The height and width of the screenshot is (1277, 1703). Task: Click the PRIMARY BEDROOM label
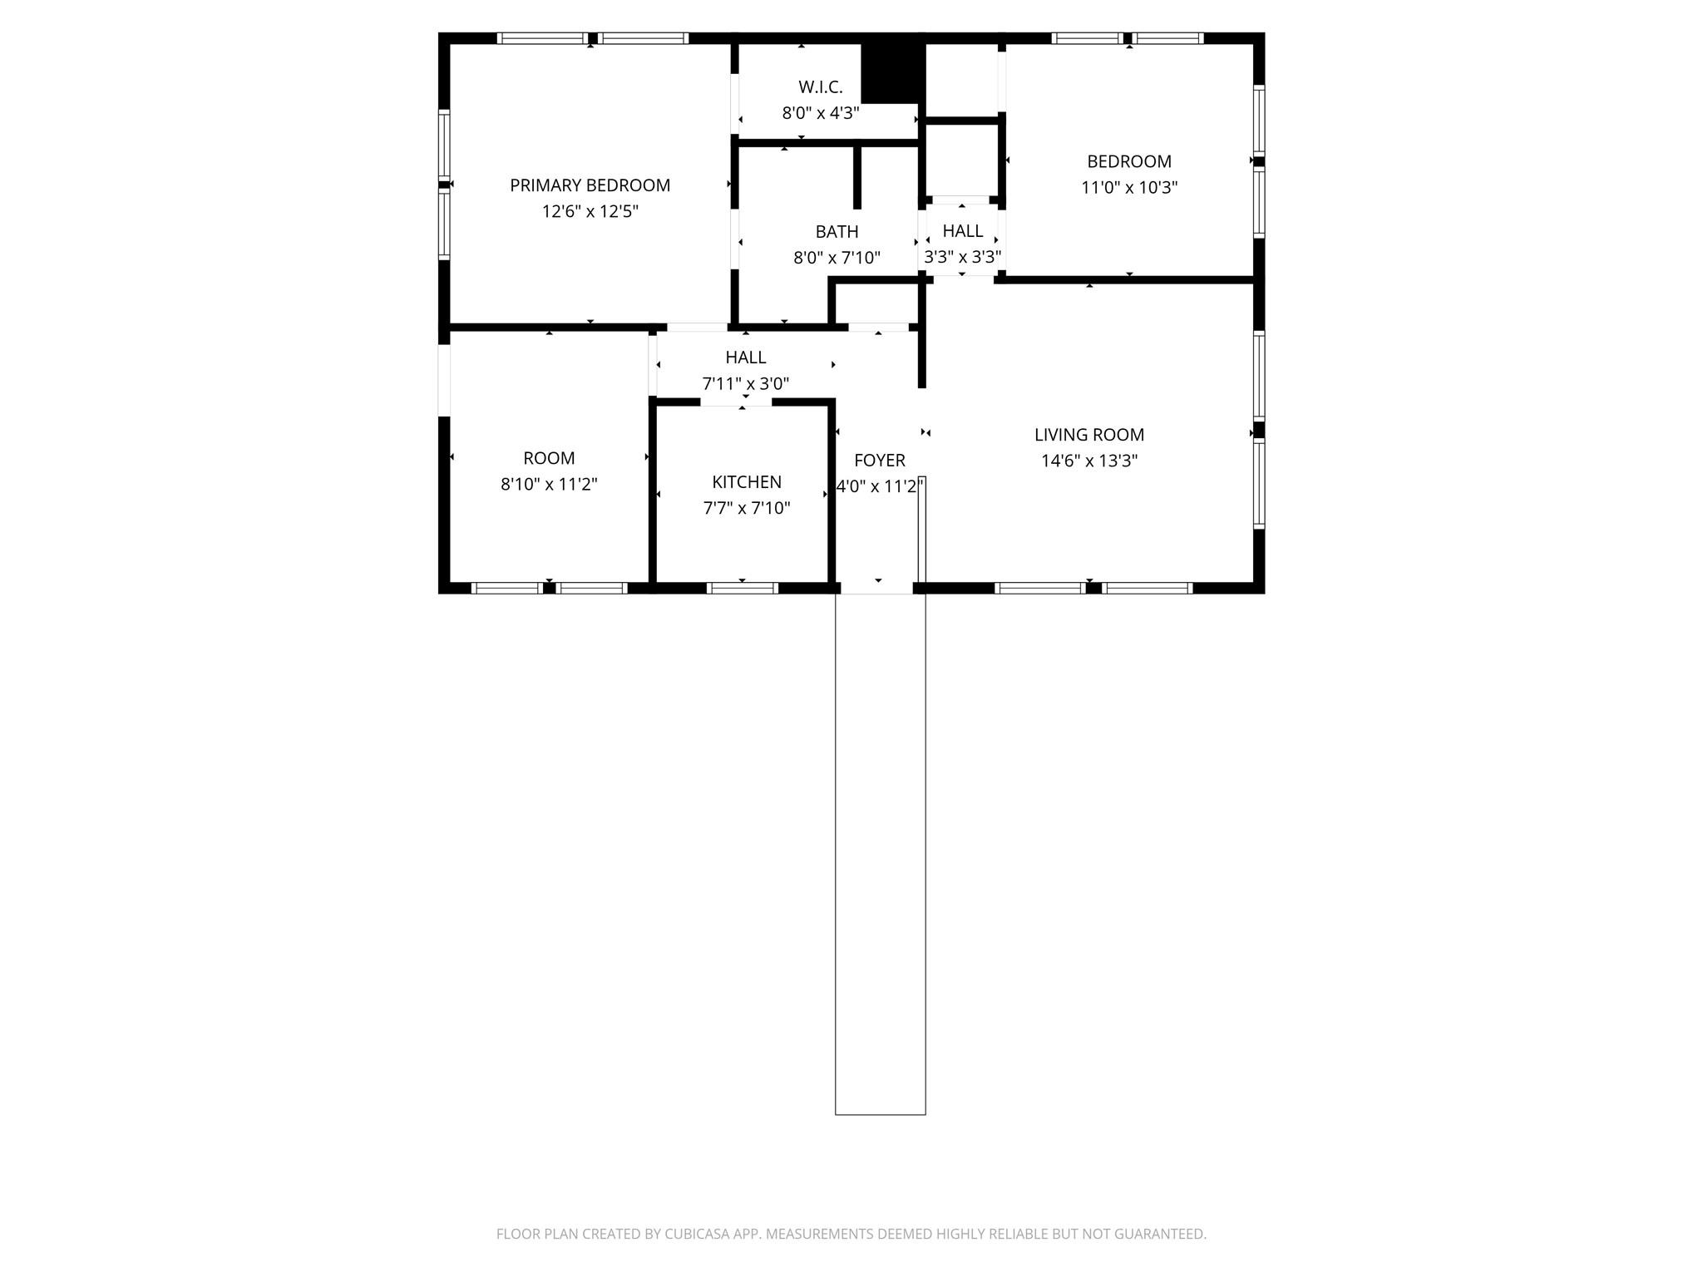590,185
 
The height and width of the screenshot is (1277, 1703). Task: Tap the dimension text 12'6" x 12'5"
590,211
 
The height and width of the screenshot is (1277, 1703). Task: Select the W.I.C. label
820,87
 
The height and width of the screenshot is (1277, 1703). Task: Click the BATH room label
837,232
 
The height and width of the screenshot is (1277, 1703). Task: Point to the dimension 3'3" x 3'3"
962,257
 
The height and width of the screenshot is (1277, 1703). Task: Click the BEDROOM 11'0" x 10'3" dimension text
1128,188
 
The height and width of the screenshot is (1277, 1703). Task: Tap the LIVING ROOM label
1088,435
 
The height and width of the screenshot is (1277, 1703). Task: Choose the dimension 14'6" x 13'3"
1088,461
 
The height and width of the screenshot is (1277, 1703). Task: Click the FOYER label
879,461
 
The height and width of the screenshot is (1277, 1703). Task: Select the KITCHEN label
746,482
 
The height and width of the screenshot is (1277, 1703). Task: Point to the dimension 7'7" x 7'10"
746,508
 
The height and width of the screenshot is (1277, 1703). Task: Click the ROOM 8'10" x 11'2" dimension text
548,484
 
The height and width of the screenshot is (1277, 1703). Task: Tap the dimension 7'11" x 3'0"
745,384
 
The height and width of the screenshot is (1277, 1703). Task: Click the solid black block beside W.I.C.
891,70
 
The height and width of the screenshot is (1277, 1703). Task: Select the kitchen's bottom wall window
742,588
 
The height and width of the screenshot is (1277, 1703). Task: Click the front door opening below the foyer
877,588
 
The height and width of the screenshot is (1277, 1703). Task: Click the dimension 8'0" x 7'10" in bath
837,258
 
